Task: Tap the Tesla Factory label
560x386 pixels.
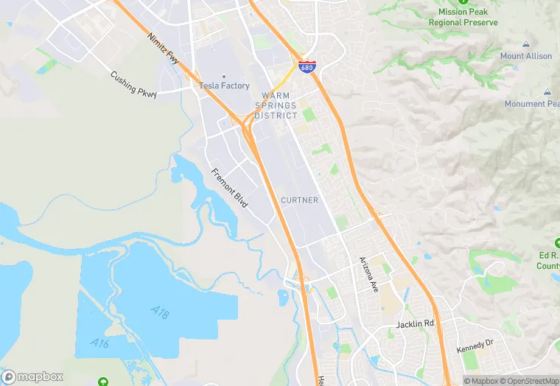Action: [224, 86]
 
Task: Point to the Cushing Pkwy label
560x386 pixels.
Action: [133, 83]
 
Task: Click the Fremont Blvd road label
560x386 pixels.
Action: [229, 187]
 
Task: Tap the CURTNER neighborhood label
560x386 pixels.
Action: [299, 200]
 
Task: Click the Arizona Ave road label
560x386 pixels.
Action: [368, 275]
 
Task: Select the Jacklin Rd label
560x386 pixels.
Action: [415, 323]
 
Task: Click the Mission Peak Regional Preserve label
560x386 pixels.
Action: [463, 17]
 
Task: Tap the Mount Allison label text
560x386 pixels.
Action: [526, 57]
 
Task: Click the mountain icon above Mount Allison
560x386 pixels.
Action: [526, 44]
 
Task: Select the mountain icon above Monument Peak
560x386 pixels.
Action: [547, 91]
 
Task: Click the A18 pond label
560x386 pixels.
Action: [161, 313]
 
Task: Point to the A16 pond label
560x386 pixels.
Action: [100, 343]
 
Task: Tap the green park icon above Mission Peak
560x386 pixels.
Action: [463, 2]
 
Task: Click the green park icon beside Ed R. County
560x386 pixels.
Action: [556, 243]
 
